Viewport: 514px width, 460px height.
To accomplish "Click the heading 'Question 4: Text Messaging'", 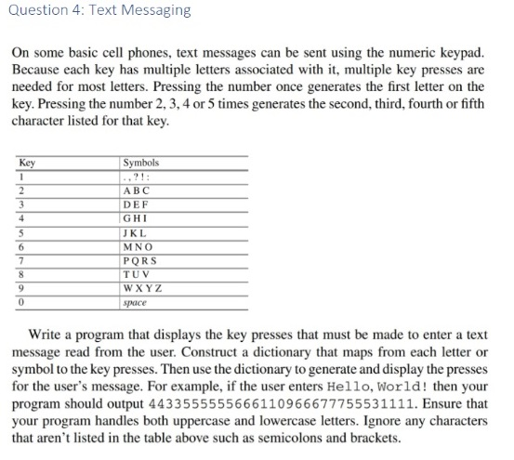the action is tap(99, 11).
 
